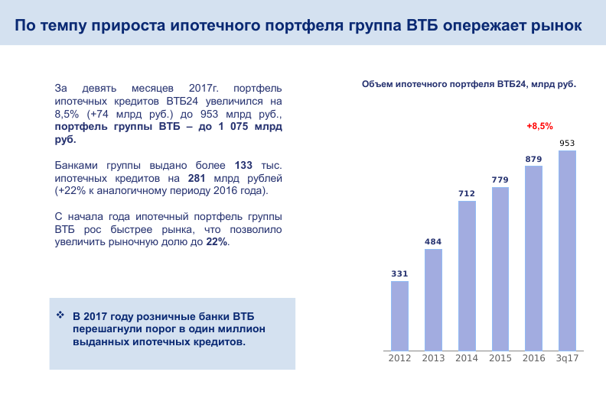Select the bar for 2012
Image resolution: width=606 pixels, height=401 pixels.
399,315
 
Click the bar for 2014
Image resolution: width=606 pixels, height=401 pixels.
467,275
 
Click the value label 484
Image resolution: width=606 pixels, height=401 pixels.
433,242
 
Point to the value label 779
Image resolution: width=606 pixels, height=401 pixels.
500,180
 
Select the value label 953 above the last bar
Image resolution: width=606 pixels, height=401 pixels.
567,143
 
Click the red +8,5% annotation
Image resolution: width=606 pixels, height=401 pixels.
539,126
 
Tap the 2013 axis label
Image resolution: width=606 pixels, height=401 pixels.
433,358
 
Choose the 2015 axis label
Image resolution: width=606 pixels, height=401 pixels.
500,358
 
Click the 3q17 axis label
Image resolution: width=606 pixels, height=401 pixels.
567,358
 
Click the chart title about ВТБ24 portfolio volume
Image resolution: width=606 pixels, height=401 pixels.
468,84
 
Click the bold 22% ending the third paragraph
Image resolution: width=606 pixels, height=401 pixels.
217,242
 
